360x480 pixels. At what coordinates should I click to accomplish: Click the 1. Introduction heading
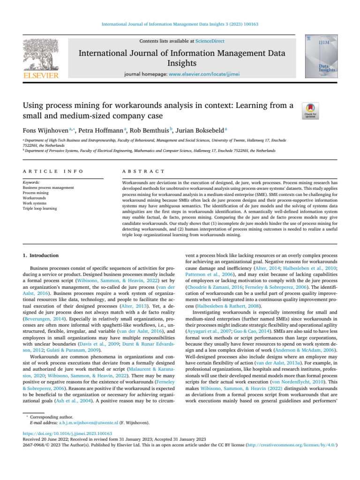coord(41,255)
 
